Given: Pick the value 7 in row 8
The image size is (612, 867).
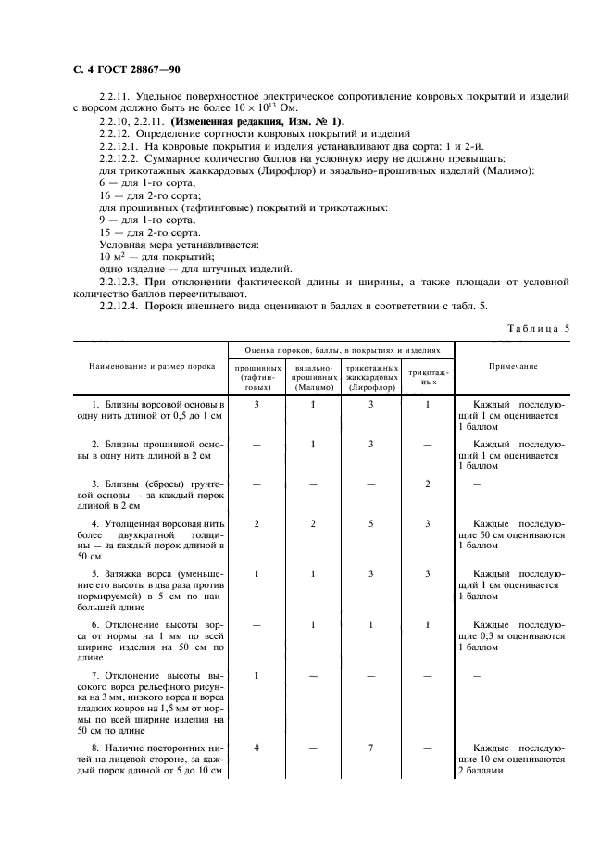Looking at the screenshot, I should tap(370, 746).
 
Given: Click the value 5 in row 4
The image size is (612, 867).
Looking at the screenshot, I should tap(370, 524).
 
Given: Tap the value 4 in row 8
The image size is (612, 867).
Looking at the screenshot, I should tap(256, 746).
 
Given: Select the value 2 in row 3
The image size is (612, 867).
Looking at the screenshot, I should tap(427, 484).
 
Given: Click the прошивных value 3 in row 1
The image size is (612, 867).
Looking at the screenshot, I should tap(256, 405).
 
